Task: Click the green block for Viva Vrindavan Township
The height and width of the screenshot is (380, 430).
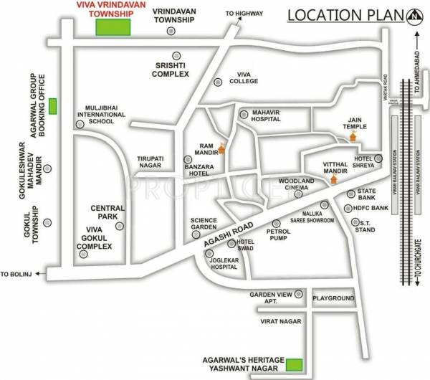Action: (114, 27)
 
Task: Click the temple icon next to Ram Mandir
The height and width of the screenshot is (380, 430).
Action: (221, 149)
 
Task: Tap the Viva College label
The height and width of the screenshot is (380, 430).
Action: (243, 77)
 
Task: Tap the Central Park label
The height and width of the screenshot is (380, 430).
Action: (107, 212)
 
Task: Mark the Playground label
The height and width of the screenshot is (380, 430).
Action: (333, 298)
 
